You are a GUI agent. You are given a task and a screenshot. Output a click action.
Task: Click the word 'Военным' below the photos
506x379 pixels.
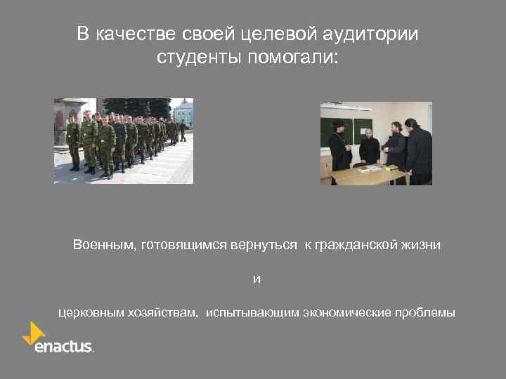click(103, 245)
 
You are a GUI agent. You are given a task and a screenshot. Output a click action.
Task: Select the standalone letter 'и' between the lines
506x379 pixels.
click(257, 279)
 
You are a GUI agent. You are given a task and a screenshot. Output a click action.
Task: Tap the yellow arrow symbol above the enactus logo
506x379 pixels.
click(34, 332)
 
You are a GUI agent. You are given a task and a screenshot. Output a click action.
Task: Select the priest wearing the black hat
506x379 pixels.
click(339, 144)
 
